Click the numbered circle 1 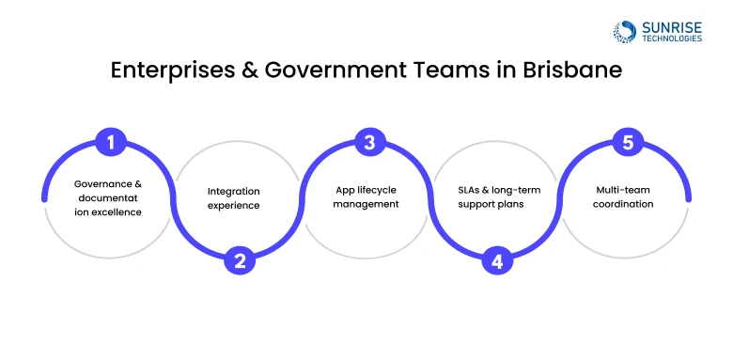pyautogui.click(x=111, y=144)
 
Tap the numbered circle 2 pyautogui.click(x=240, y=260)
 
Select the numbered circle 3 pyautogui.click(x=369, y=144)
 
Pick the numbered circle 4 pyautogui.click(x=497, y=260)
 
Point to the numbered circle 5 pyautogui.click(x=626, y=144)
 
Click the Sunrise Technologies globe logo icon pyautogui.click(x=623, y=31)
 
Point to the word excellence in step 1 pyautogui.click(x=117, y=211)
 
